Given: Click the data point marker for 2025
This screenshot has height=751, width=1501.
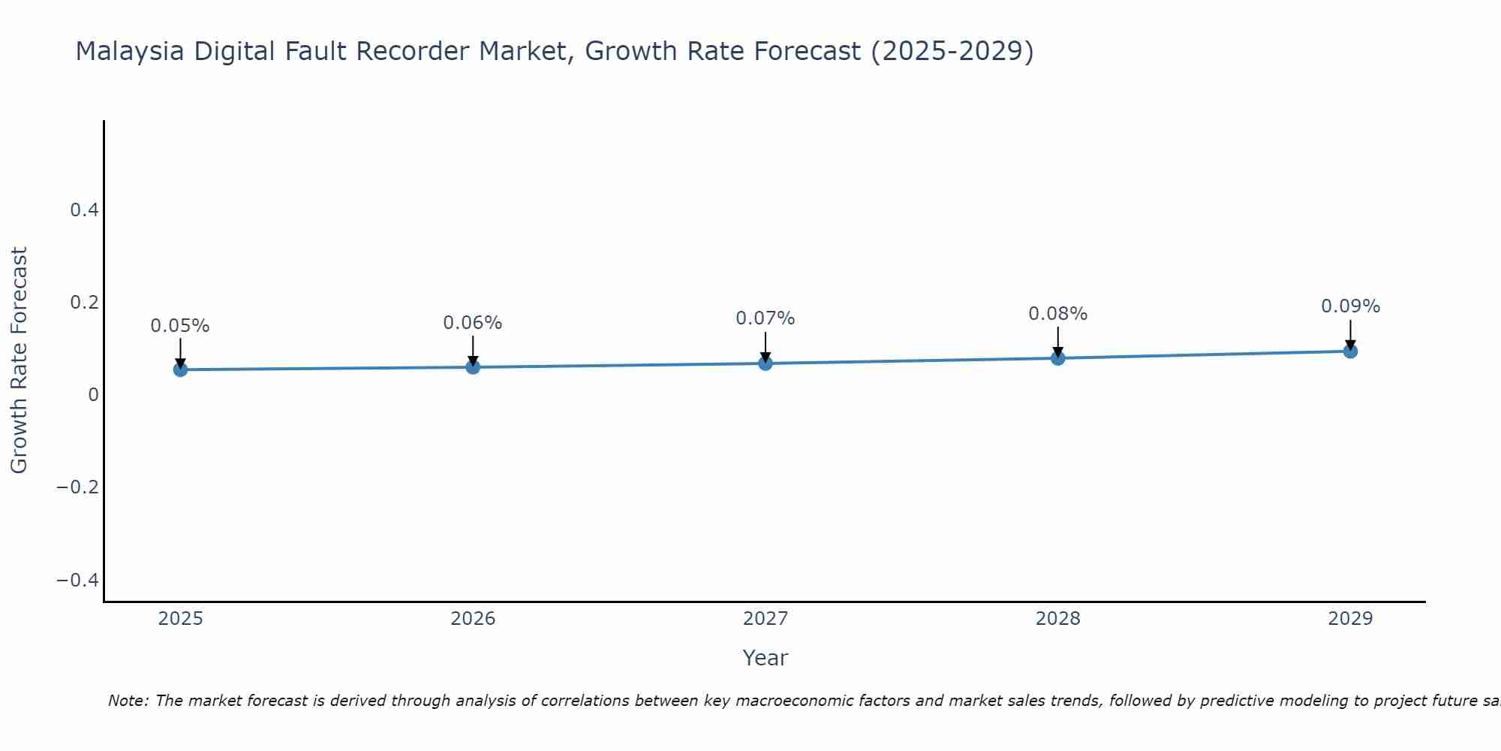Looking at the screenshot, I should (x=180, y=369).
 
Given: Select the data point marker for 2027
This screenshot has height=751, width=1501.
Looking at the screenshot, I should (x=766, y=363).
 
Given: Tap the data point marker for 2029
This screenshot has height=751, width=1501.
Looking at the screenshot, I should (x=1350, y=351).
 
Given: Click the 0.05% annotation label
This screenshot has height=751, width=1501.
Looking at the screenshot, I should (x=180, y=326).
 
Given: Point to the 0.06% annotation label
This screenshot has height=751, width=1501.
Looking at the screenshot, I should (x=473, y=323).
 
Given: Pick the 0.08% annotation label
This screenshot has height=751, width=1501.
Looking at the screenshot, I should (x=1057, y=314).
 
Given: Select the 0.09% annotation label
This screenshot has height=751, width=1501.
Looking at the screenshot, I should (x=1350, y=306).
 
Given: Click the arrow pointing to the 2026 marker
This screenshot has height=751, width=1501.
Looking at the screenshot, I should (x=473, y=349).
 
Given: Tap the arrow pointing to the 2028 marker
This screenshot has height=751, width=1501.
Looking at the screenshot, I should (x=1057, y=341).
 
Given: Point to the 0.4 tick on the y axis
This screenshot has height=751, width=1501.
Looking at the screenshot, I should (x=85, y=210).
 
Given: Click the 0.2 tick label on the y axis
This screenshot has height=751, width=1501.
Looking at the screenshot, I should (x=85, y=303).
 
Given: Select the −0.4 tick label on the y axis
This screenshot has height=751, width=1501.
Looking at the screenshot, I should (x=78, y=580).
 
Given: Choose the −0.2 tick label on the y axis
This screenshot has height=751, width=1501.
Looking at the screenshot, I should (x=78, y=487).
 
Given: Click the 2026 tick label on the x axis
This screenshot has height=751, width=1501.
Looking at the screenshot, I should (x=473, y=619).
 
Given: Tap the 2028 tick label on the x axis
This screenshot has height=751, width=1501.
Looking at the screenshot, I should (x=1057, y=619).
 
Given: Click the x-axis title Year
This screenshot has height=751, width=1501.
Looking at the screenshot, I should (x=765, y=658).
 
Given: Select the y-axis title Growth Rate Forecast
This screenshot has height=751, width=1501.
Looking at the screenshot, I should (x=19, y=360).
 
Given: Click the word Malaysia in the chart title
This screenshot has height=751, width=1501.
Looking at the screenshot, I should (x=131, y=52).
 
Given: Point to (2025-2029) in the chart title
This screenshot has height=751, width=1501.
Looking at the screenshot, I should (x=952, y=52).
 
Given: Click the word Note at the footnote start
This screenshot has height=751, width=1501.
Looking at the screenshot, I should (x=128, y=701).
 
